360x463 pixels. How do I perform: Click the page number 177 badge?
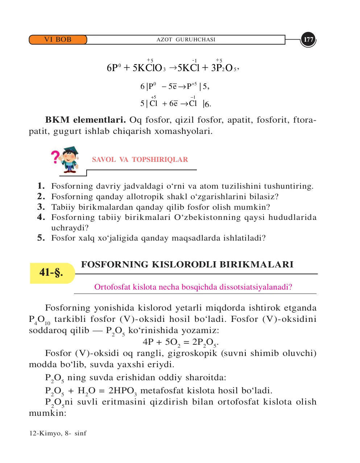(x=309, y=40)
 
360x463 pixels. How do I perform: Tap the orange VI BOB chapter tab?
(x=58, y=40)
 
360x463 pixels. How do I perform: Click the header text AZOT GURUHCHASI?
(x=186, y=40)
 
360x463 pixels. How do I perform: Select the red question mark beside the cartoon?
(x=55, y=157)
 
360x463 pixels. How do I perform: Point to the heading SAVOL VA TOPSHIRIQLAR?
(x=140, y=160)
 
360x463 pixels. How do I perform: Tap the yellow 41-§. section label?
(x=51, y=273)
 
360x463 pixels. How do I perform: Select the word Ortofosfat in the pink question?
(x=111, y=287)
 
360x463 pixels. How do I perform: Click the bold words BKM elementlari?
(x=85, y=120)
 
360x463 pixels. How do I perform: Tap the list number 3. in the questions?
(x=41, y=207)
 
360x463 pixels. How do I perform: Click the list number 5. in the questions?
(x=41, y=238)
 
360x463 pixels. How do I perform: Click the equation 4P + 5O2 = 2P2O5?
(x=180, y=342)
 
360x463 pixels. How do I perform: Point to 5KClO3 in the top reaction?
(x=149, y=68)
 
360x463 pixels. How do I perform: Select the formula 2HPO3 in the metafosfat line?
(x=123, y=391)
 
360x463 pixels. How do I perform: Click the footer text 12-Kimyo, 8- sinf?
(x=58, y=433)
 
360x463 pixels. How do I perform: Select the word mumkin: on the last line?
(x=47, y=413)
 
